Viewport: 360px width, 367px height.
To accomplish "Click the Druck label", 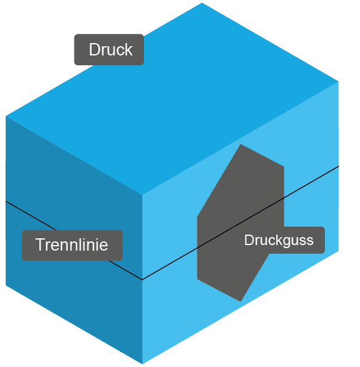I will pyautogui.click(x=109, y=50).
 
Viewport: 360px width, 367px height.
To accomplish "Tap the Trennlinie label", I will pyautogui.click(x=72, y=245).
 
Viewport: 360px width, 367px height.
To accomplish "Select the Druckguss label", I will pyautogui.click(x=279, y=240).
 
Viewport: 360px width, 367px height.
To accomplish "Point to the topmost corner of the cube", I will pyautogui.click(x=202, y=3).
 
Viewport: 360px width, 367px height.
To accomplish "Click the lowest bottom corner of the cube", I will pyautogui.click(x=142, y=363).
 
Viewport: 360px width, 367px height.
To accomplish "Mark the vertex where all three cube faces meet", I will pyautogui.click(x=142, y=195).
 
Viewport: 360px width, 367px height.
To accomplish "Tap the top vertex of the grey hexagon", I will pyautogui.click(x=241, y=144).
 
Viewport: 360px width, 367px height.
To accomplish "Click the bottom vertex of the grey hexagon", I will pyautogui.click(x=241, y=301).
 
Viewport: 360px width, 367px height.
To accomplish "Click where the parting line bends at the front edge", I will pyautogui.click(x=142, y=280).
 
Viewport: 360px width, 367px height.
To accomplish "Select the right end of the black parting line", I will pyautogui.click(x=339, y=166).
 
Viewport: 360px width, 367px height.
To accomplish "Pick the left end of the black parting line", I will pyautogui.click(x=6, y=201).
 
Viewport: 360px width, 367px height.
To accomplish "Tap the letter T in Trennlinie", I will pyautogui.click(x=40, y=245).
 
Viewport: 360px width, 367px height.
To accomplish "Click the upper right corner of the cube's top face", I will pyautogui.click(x=339, y=81).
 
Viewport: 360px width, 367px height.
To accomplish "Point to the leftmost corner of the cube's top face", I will pyautogui.click(x=6, y=116).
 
